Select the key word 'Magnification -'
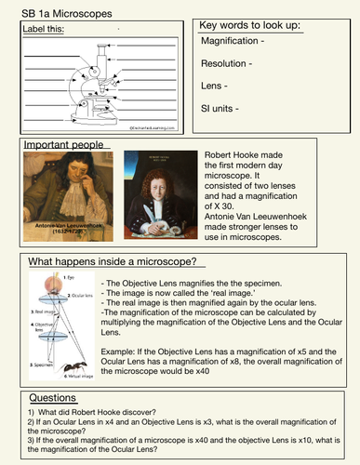237,43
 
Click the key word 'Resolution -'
227,64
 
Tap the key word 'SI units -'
222,108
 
